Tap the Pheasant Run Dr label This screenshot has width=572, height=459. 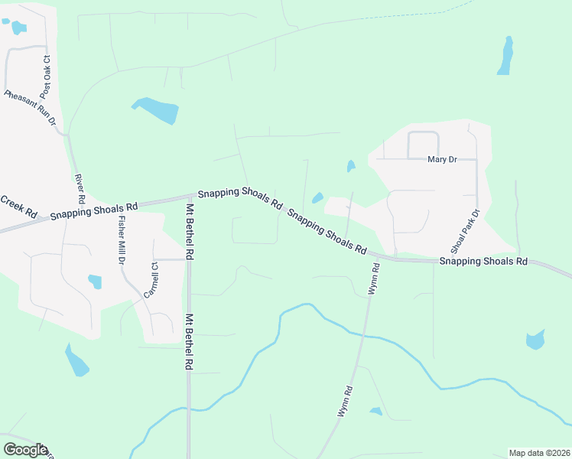[x=30, y=109]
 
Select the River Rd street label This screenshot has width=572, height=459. [x=80, y=188]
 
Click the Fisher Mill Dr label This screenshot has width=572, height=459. [x=121, y=240]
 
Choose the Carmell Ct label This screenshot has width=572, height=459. [x=150, y=280]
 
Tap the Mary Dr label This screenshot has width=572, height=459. [x=442, y=159]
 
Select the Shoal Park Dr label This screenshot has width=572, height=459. [x=465, y=231]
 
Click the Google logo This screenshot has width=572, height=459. [x=25, y=450]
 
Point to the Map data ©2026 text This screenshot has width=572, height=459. [x=539, y=453]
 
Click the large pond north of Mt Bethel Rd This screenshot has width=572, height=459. [x=158, y=110]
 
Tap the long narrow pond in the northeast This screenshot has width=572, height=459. [x=505, y=56]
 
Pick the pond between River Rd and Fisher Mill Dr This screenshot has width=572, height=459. [x=95, y=282]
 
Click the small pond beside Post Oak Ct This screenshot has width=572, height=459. [x=17, y=28]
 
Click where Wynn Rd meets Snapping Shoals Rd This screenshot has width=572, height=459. [x=380, y=258]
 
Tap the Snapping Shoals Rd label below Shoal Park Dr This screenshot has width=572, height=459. [x=483, y=261]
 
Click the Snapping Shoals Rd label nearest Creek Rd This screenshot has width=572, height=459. [x=94, y=211]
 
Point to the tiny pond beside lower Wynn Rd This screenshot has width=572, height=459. [x=375, y=412]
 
